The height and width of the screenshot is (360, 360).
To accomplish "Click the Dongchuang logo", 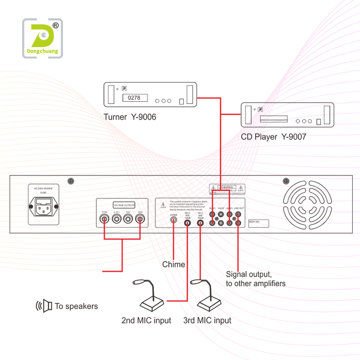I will point(43,38).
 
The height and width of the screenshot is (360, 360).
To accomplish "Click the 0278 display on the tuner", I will point(131,97).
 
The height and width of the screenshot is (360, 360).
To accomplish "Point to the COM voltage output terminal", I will point(104,220).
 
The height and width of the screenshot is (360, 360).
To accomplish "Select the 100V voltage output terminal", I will point(140,220).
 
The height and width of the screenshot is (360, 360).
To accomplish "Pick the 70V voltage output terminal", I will point(128,220).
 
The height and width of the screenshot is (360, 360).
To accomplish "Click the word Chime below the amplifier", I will point(174,265).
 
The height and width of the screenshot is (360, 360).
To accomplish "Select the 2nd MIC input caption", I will point(146,321).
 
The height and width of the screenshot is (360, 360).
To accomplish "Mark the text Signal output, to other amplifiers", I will point(255,279).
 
